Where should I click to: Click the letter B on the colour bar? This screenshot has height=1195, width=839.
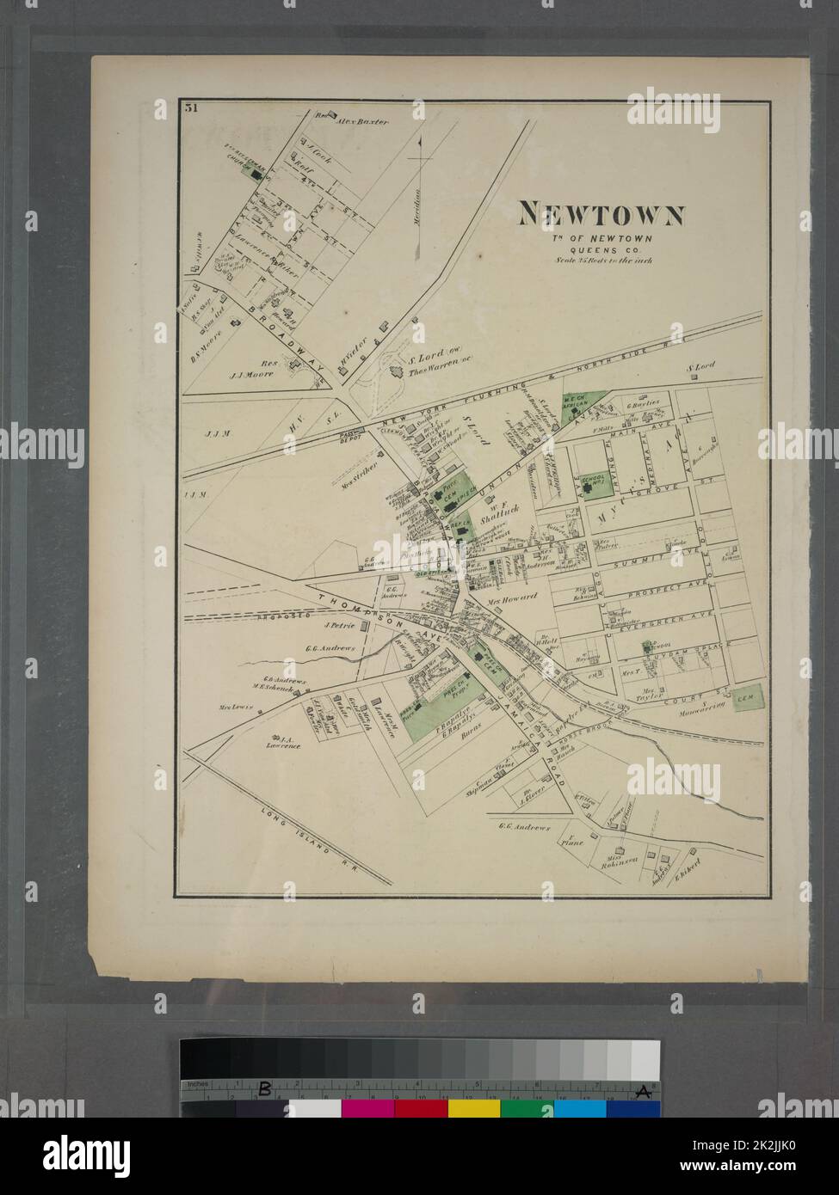pyautogui.click(x=266, y=1090)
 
